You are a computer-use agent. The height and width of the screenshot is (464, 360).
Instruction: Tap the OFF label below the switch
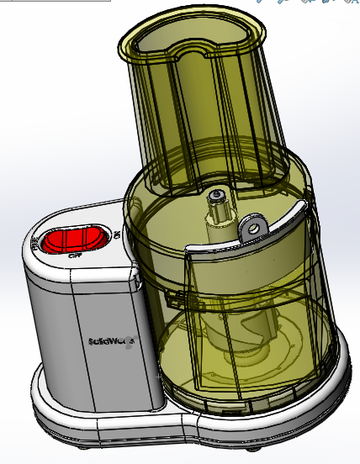[x=75, y=255]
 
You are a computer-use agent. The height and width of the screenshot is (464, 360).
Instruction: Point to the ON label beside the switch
[x=116, y=235]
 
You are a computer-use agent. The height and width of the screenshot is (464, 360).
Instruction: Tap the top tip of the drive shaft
[x=218, y=195]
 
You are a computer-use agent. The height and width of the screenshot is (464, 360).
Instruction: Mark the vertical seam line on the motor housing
[x=77, y=336]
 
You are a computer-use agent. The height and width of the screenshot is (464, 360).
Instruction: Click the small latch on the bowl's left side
[x=172, y=299]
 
